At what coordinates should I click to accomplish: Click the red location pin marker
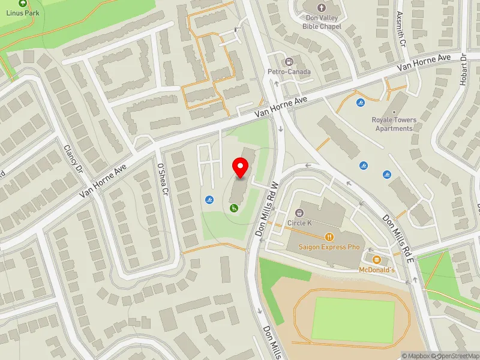click(x=241, y=167)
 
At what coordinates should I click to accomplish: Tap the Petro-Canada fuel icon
click(x=289, y=62)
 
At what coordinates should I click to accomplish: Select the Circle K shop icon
click(x=299, y=213)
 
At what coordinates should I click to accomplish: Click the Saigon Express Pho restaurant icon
click(x=328, y=237)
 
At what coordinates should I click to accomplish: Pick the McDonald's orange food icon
click(x=376, y=260)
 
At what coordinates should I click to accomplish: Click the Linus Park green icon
click(x=23, y=3)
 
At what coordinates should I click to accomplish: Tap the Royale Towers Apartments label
click(x=394, y=124)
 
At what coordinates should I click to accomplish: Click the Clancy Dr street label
click(x=71, y=159)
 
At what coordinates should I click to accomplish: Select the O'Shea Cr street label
click(x=161, y=179)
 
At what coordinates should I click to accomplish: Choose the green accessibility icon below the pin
click(x=233, y=208)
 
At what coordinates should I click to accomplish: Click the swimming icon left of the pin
click(x=209, y=200)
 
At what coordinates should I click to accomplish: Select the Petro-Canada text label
click(x=289, y=72)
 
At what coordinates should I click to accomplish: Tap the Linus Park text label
click(x=23, y=13)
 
